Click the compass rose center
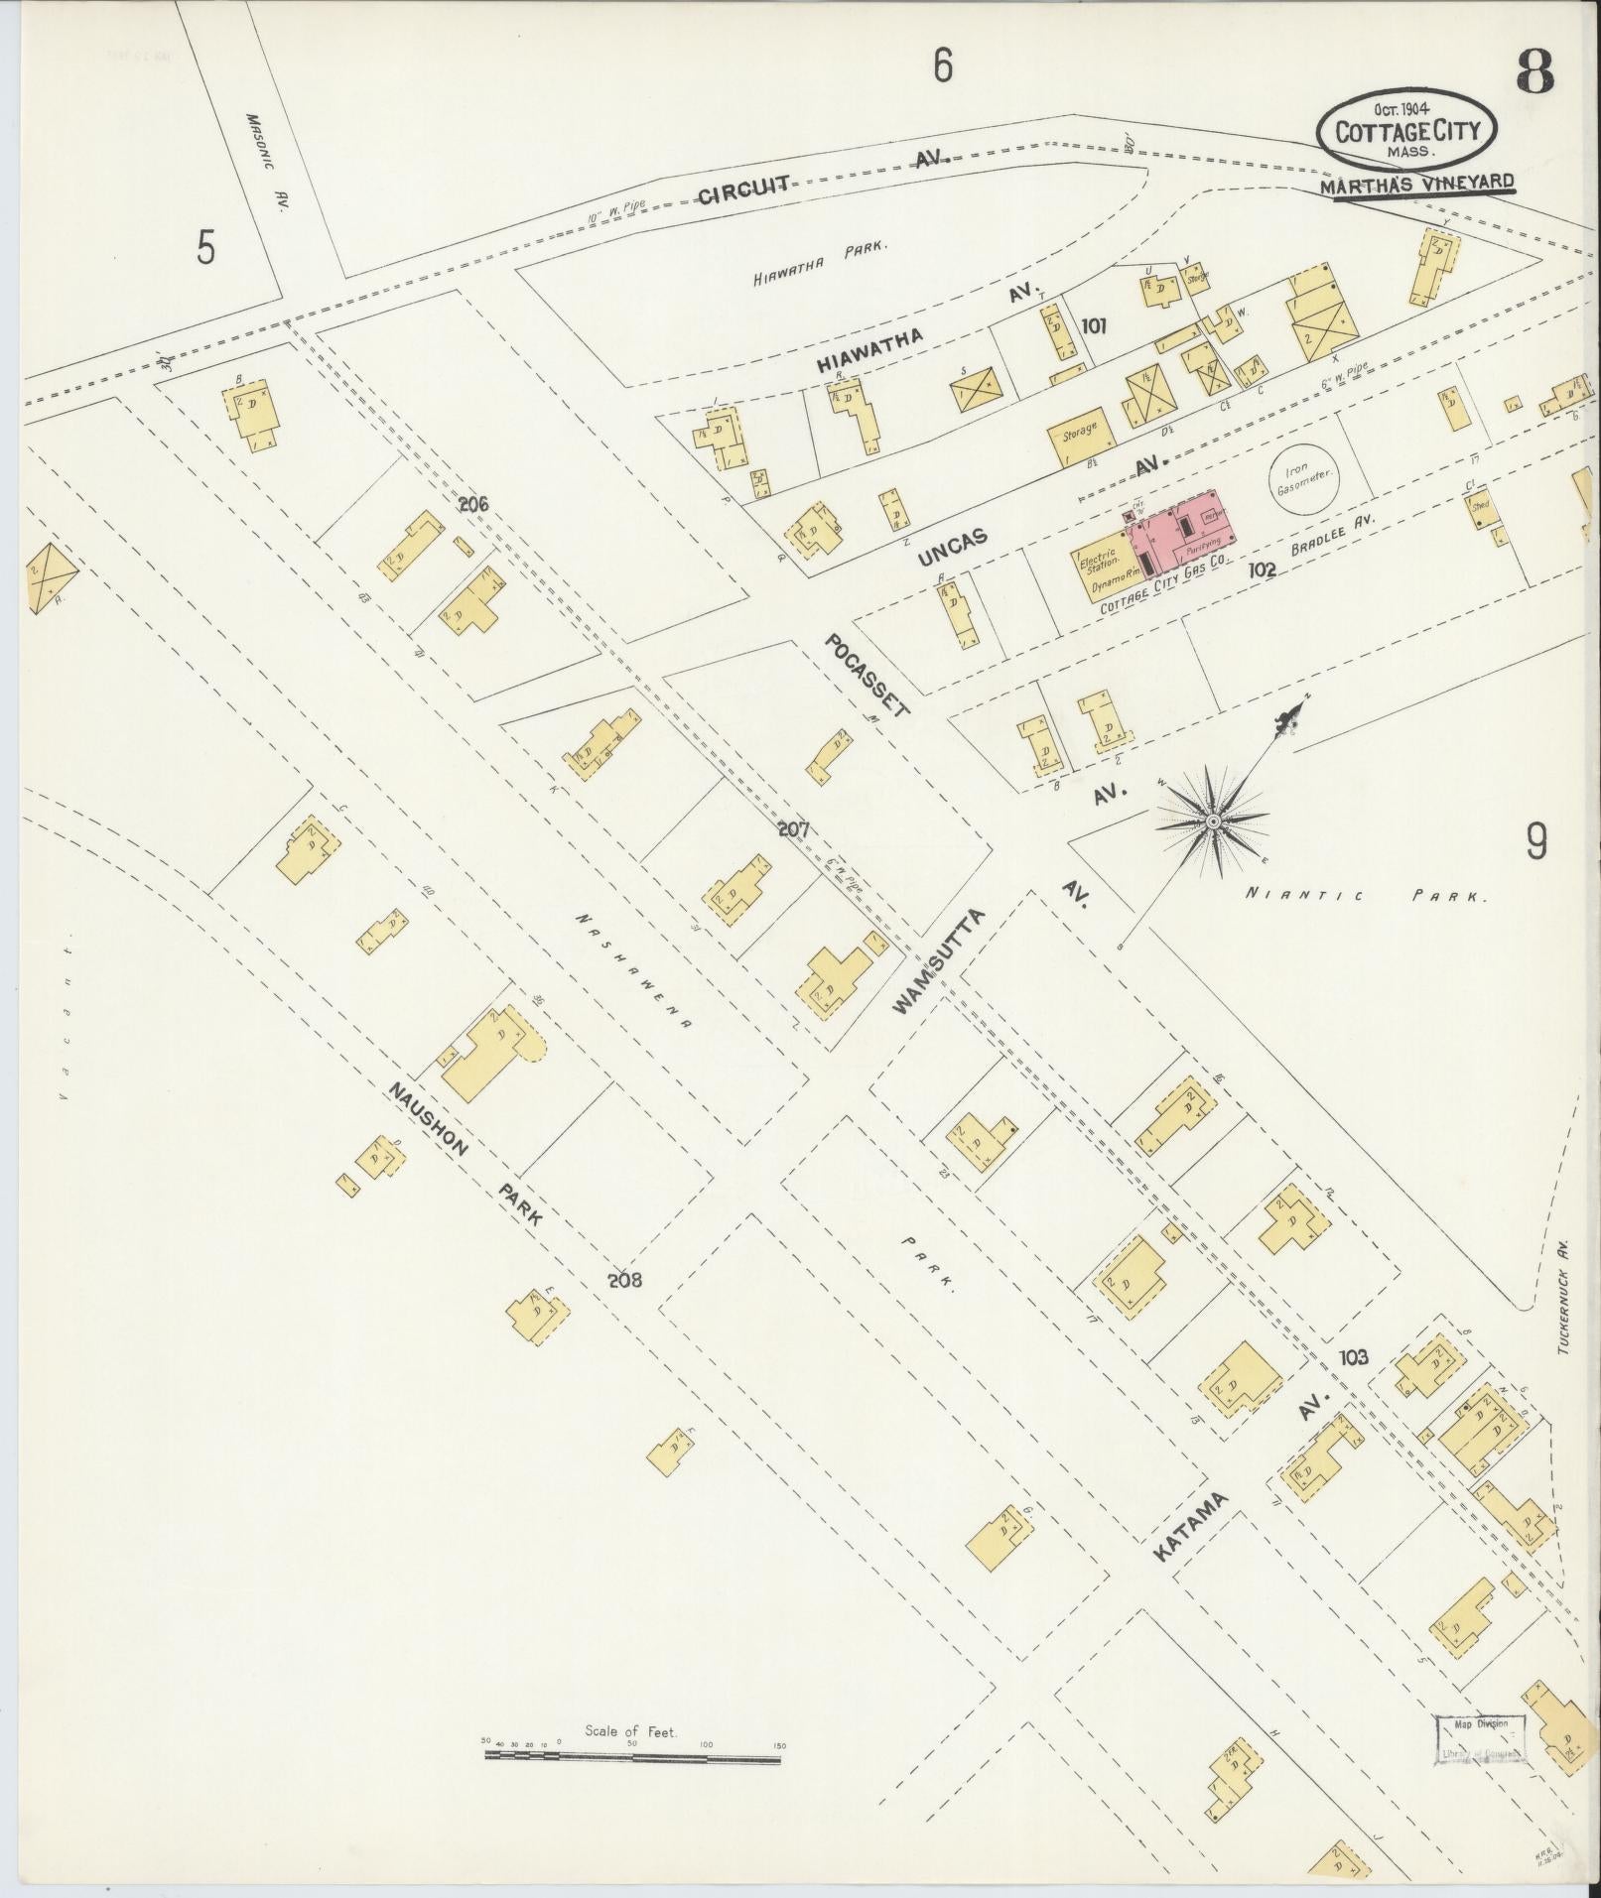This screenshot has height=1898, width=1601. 1212,822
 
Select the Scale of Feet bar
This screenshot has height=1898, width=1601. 632,1062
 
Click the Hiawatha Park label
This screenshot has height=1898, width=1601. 819,264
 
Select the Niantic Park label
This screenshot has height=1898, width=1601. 1367,896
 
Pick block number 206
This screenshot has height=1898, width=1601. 473,504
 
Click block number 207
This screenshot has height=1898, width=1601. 794,828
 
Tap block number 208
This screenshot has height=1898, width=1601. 624,1280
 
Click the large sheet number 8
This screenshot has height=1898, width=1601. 1534,71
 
